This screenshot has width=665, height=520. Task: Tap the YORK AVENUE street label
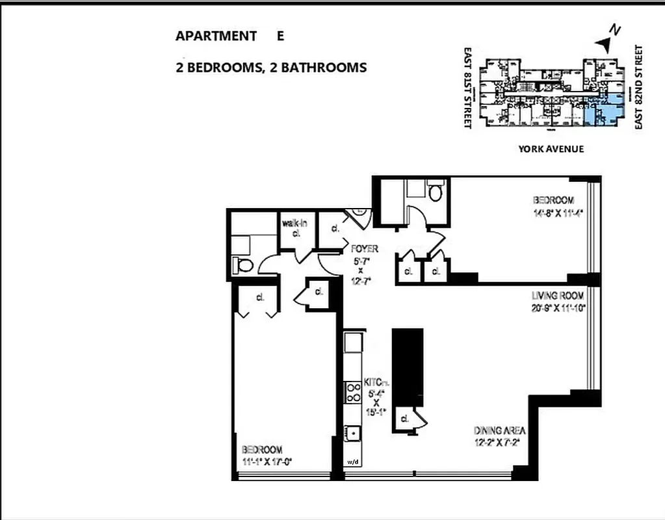point(551,149)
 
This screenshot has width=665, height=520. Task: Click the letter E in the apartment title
point(280,36)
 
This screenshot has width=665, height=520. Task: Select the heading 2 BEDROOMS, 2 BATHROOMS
point(271,68)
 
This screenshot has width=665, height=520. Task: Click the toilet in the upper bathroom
point(436,192)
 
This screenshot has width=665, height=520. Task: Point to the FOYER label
point(365,249)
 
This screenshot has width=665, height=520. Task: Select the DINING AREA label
point(499,431)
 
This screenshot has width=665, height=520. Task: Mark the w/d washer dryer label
point(353,462)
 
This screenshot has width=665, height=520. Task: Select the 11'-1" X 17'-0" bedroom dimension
point(267,462)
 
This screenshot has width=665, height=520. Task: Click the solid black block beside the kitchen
point(408,367)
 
